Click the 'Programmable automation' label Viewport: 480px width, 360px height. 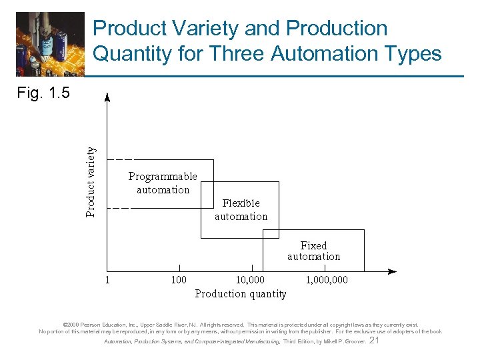pyautogui.click(x=163, y=183)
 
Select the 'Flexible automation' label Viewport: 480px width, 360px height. pyautogui.click(x=241, y=210)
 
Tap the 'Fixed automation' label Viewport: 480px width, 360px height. pyautogui.click(x=313, y=251)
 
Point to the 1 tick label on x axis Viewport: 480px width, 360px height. pyautogui.click(x=107, y=280)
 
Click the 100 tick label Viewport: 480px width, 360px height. pyautogui.click(x=179, y=280)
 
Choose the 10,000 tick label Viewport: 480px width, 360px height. pyautogui.click(x=251, y=280)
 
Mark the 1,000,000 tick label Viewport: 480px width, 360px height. pyautogui.click(x=327, y=280)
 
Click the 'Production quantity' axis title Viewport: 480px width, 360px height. pyautogui.click(x=241, y=294)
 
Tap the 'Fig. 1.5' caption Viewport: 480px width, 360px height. pyautogui.click(x=43, y=93)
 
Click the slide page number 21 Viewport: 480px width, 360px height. pyautogui.click(x=374, y=341)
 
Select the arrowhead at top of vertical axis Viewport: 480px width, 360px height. pyautogui.click(x=107, y=95)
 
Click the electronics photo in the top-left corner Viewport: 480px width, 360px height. pyautogui.click(x=51, y=44)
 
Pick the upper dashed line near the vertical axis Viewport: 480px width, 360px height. pyautogui.click(x=120, y=160)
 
